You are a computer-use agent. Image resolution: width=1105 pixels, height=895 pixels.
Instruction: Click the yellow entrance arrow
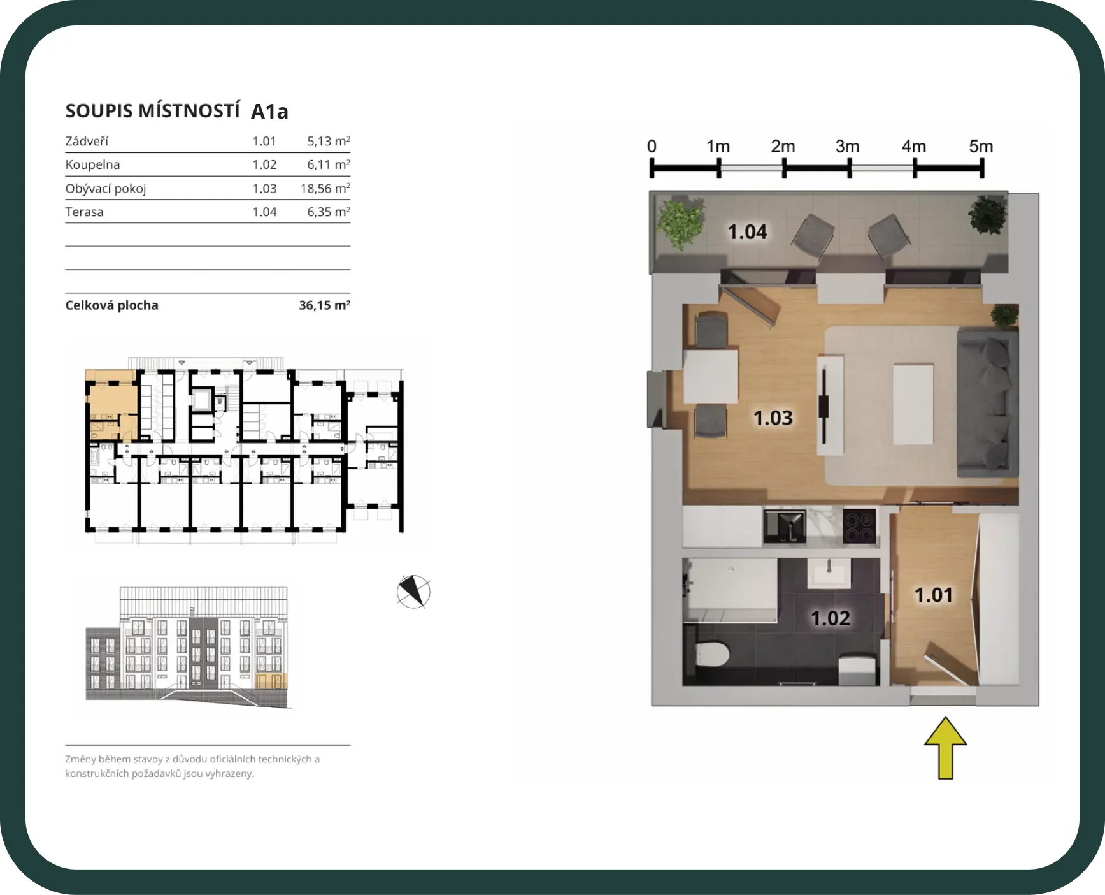(x=946, y=748)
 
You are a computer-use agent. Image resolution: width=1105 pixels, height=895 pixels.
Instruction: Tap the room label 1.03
(x=773, y=418)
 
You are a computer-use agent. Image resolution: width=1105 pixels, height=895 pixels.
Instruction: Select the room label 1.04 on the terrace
(x=748, y=232)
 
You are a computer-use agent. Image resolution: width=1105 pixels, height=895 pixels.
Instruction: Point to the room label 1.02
(x=830, y=618)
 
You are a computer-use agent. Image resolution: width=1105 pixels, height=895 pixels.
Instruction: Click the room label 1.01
(x=934, y=595)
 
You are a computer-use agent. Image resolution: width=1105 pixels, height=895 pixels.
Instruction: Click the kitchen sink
(x=785, y=527)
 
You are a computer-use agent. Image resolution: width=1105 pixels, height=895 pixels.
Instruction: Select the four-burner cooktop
(x=859, y=526)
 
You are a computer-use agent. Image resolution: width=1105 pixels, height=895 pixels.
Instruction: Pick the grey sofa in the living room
(x=988, y=402)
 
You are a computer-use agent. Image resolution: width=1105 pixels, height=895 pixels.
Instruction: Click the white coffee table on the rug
(x=913, y=404)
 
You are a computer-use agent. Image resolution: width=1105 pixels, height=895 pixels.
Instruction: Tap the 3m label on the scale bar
(x=848, y=147)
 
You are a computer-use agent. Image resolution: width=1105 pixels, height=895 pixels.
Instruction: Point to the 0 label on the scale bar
(x=652, y=147)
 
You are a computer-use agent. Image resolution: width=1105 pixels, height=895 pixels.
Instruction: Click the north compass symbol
(x=413, y=592)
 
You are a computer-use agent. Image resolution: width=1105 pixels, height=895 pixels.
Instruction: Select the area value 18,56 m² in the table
(x=325, y=189)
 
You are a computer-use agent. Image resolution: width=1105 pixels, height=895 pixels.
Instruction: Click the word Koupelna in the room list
(x=92, y=164)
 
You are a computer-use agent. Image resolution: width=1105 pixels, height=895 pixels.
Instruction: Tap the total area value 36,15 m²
(x=325, y=305)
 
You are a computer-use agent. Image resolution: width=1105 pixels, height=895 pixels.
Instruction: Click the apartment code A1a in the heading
(x=269, y=112)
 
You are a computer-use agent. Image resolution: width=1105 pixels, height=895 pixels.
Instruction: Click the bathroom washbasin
(x=829, y=572)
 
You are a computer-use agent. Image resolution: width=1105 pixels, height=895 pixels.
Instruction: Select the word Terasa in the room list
(x=84, y=212)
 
